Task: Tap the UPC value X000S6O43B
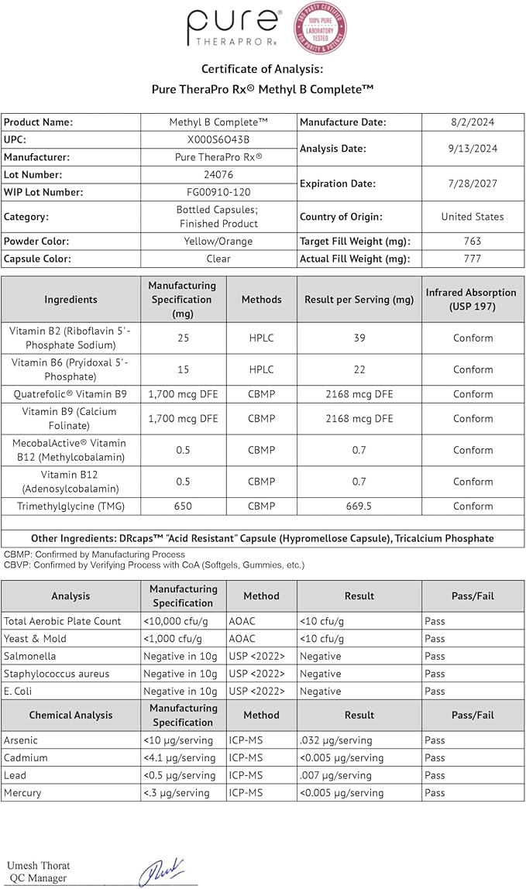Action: (218, 139)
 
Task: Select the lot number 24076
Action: (218, 174)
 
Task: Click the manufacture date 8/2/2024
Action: (472, 122)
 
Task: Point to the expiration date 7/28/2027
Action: (472, 184)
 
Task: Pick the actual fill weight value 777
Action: (472, 259)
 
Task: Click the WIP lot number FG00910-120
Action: (218, 191)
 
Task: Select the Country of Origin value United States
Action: (472, 217)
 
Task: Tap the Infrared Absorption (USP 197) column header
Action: (470, 299)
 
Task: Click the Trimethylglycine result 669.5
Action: (359, 506)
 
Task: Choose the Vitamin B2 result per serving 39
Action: (359, 338)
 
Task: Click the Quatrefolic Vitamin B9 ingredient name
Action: (70, 394)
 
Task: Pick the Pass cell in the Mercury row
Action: (435, 793)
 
